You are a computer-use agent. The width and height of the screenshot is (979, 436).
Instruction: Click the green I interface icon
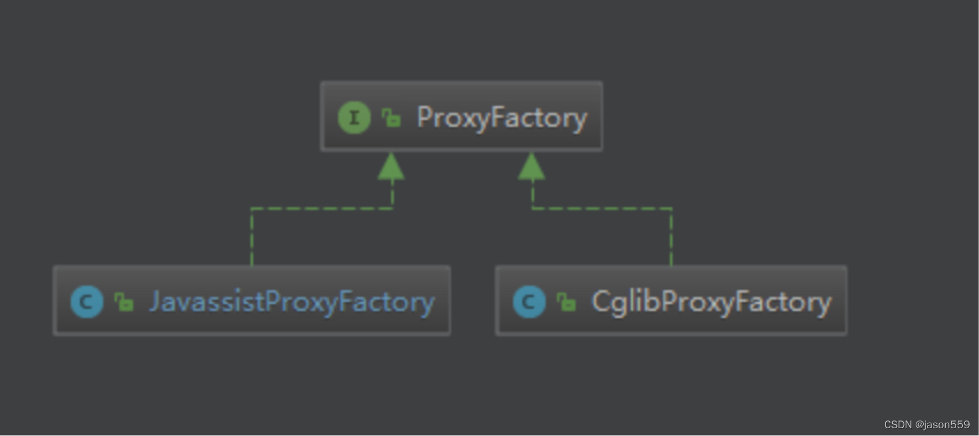pyautogui.click(x=354, y=117)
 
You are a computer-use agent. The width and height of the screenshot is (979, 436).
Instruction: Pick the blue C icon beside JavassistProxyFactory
pyautogui.click(x=87, y=302)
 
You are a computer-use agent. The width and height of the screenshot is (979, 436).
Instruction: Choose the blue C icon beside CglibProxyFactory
pyautogui.click(x=529, y=302)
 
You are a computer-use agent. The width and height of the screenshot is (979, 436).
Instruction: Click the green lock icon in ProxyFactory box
pyautogui.click(x=391, y=117)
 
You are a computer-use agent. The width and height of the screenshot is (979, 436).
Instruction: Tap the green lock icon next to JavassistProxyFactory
pyautogui.click(x=123, y=302)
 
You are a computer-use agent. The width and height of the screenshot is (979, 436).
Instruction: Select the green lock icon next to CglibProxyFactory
pyautogui.click(x=566, y=302)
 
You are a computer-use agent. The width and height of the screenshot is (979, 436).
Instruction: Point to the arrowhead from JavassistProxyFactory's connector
pyautogui.click(x=391, y=167)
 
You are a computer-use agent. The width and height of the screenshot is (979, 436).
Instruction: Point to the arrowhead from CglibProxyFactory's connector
pyautogui.click(x=532, y=167)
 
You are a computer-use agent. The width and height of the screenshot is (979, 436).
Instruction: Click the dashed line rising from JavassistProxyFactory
pyautogui.click(x=252, y=238)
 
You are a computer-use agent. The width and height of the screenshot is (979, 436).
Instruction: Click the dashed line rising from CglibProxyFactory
pyautogui.click(x=671, y=238)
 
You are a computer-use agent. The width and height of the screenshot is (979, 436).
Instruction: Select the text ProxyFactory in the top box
pyautogui.click(x=501, y=118)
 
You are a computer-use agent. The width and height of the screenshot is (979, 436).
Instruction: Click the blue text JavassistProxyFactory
pyautogui.click(x=292, y=302)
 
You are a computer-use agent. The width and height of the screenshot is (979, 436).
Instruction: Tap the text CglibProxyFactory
pyautogui.click(x=712, y=302)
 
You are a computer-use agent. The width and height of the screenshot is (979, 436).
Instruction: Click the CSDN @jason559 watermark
pyautogui.click(x=926, y=424)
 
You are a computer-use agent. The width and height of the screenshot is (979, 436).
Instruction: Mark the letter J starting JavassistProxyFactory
pyautogui.click(x=155, y=302)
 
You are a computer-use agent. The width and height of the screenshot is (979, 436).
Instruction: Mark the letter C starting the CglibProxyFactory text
pyautogui.click(x=600, y=302)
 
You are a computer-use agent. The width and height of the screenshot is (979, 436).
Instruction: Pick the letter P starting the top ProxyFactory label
pyautogui.click(x=424, y=117)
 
